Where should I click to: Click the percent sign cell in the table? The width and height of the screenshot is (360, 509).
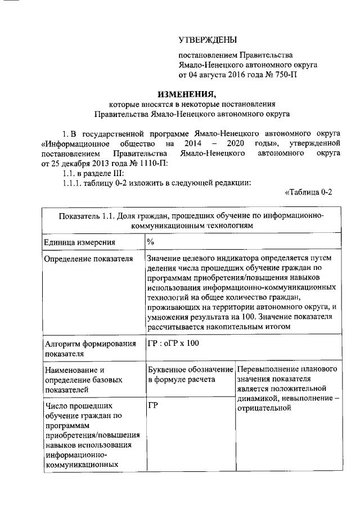tap(151, 242)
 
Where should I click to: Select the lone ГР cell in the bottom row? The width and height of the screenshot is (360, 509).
tap(152, 405)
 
